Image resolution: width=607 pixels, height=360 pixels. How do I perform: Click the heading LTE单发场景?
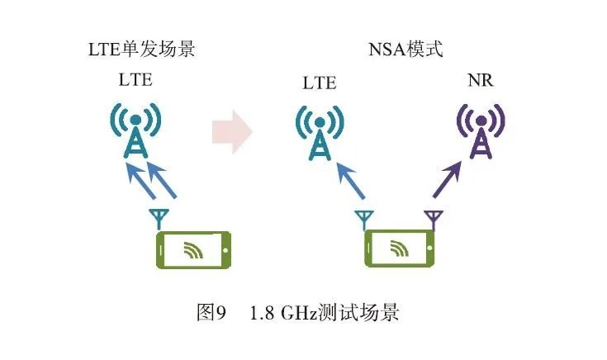point(141,49)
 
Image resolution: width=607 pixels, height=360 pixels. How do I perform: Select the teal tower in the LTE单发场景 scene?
point(135,133)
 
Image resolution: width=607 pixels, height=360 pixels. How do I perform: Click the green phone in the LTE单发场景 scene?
point(193,250)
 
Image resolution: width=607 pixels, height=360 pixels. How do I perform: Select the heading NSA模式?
point(405,49)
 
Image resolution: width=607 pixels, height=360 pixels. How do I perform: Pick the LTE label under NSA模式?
point(320,83)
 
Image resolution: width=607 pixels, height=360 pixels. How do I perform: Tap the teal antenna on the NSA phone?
point(364,220)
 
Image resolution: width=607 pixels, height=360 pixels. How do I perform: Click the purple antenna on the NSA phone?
point(433,220)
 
